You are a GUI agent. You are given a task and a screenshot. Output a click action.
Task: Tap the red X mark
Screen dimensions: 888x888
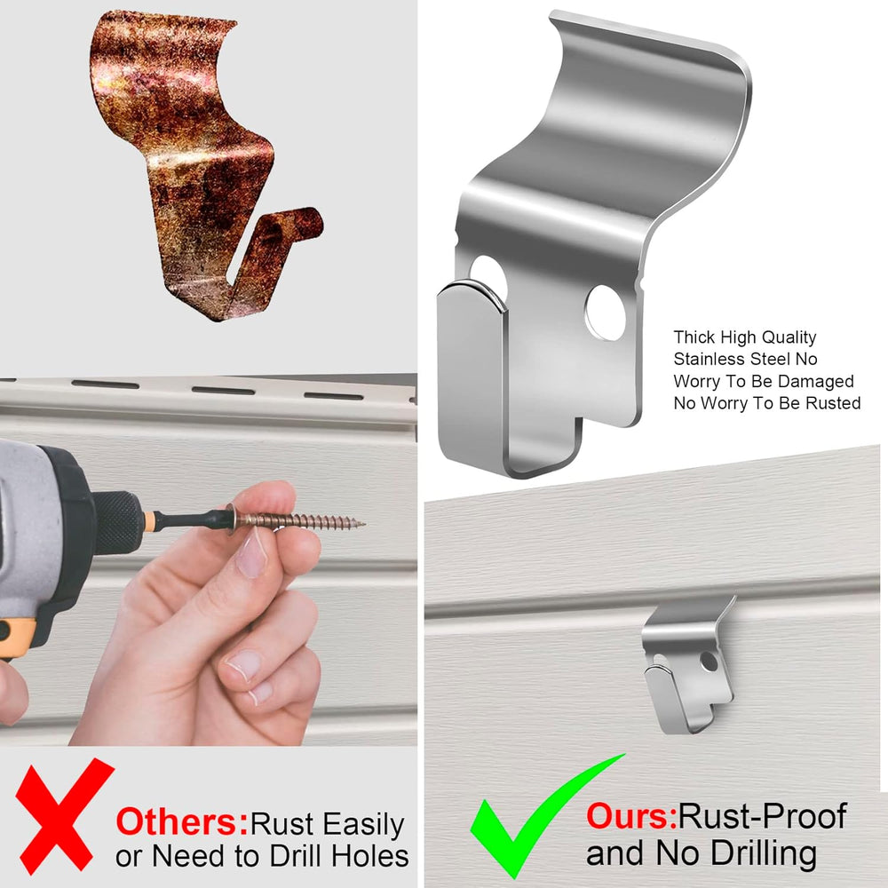(x=63, y=815)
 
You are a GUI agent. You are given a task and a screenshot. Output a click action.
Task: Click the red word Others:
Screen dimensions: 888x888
(x=182, y=822)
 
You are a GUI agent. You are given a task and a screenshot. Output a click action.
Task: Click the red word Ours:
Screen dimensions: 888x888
(x=631, y=816)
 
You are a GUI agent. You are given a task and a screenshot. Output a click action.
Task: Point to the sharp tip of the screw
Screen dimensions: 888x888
(x=365, y=525)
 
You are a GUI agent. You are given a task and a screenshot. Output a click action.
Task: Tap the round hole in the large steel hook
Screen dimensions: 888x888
(x=606, y=313)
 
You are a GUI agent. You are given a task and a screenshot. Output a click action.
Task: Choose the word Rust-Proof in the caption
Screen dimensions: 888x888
(x=762, y=816)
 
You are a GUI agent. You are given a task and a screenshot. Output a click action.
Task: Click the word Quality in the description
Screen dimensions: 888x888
(x=789, y=337)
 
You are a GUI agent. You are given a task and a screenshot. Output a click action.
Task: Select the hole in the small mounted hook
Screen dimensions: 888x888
(x=709, y=662)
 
